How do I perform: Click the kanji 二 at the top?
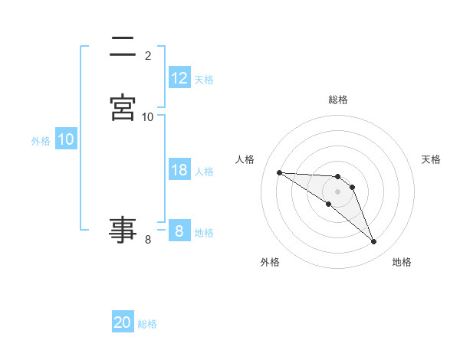[x=123, y=48]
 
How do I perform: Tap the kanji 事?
[x=123, y=229]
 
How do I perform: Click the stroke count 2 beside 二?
[x=148, y=56]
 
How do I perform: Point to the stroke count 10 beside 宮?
[x=148, y=116]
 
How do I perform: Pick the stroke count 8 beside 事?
[x=148, y=240]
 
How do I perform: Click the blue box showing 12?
[x=179, y=78]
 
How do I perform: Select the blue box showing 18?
[x=179, y=170]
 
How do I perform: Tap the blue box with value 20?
[x=123, y=322]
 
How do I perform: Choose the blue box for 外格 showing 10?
[x=65, y=139]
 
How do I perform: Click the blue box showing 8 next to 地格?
[x=179, y=231]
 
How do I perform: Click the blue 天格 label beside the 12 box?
[x=204, y=79]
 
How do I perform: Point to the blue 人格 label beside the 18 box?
[x=204, y=171]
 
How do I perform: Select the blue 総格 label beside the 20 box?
[x=147, y=323]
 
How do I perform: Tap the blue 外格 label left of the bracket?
[x=41, y=140]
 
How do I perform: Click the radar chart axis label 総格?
[x=338, y=100]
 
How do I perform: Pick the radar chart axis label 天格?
[x=432, y=159]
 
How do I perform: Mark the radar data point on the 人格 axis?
[x=279, y=172]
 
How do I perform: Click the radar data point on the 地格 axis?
[x=374, y=242]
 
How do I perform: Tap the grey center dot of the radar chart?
[x=338, y=191]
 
